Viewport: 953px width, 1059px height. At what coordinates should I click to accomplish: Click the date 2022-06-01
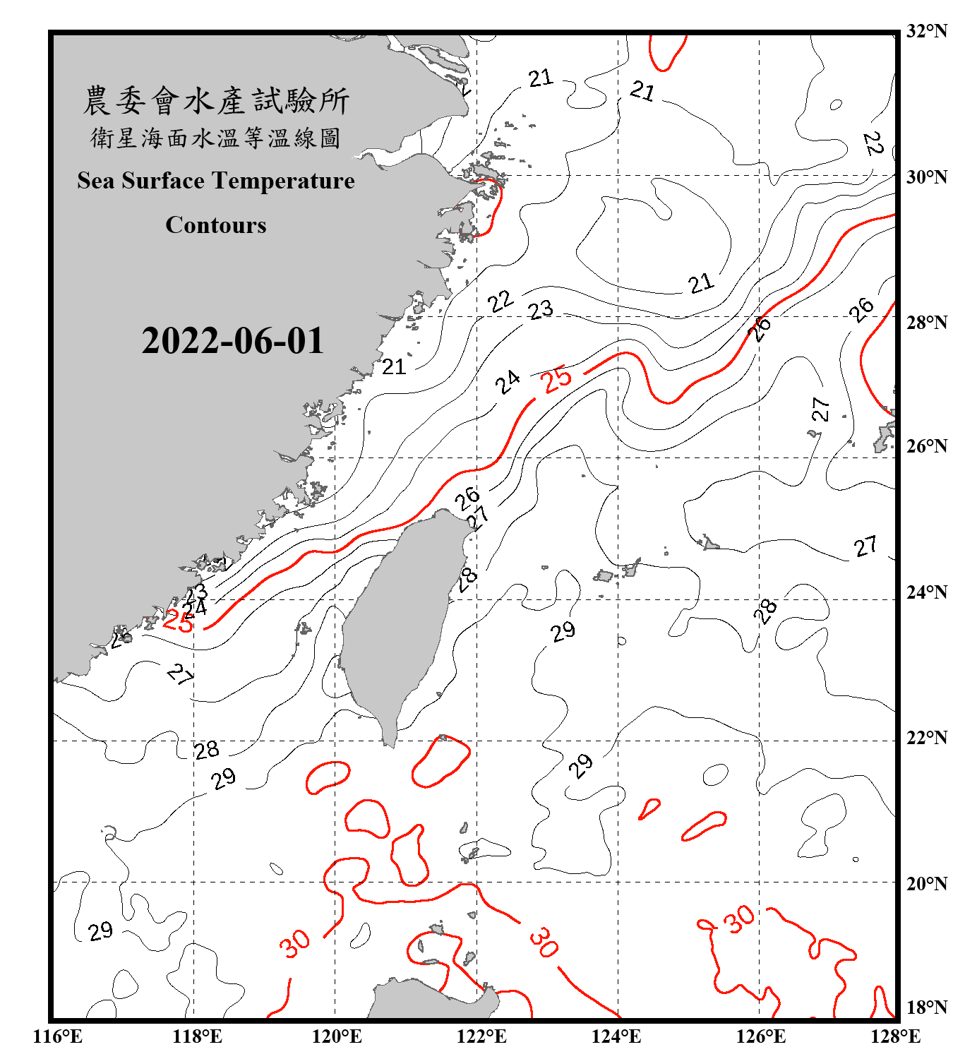click(232, 341)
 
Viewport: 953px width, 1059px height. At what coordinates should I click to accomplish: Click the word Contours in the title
click(216, 225)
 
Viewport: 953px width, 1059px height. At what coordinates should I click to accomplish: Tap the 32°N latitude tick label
click(926, 30)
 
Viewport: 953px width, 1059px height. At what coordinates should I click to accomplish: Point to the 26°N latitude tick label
click(926, 446)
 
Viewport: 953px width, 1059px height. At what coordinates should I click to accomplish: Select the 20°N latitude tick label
click(926, 883)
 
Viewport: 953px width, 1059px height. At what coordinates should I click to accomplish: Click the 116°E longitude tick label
click(57, 1036)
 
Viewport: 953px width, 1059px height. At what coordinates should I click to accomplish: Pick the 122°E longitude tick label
click(481, 1036)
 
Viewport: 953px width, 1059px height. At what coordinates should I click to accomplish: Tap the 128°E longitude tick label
click(895, 1036)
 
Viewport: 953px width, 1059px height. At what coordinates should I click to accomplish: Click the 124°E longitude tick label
click(616, 1036)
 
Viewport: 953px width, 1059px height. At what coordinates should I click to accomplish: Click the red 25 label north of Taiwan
click(556, 379)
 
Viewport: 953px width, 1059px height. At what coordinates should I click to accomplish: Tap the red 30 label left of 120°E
click(294, 943)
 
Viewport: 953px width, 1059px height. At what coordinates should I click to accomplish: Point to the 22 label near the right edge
click(873, 143)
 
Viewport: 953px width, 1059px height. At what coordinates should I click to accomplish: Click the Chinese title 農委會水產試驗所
click(216, 101)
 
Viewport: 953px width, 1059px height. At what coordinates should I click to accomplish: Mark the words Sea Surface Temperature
click(216, 181)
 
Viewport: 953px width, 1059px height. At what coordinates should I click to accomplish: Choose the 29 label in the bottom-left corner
click(101, 931)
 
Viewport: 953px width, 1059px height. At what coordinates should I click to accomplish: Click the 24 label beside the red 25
click(508, 382)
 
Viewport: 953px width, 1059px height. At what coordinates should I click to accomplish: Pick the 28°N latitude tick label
click(926, 322)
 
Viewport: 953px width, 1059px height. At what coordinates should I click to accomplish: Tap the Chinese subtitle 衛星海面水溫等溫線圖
click(216, 138)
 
